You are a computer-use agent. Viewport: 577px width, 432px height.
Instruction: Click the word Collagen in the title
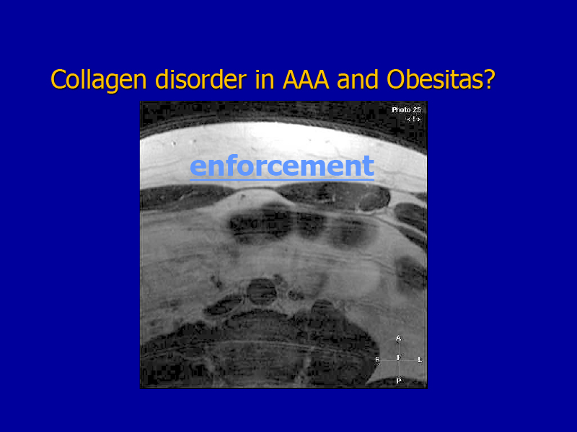click(98, 80)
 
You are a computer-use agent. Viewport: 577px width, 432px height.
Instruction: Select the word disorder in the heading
click(201, 79)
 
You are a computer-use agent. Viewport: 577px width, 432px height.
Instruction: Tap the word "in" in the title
click(265, 79)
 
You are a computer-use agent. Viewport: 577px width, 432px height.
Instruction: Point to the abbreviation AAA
click(305, 80)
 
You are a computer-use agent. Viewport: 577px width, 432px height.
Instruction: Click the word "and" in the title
click(358, 79)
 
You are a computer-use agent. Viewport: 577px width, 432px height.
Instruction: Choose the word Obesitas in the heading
click(436, 79)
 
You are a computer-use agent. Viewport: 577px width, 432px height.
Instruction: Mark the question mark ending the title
click(490, 79)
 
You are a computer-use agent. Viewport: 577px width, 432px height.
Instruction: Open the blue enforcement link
click(282, 166)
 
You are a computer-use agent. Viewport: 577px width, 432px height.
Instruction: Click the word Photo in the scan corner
click(401, 110)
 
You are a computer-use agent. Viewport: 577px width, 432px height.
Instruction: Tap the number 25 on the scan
click(417, 110)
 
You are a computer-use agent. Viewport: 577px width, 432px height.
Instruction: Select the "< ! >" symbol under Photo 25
click(413, 119)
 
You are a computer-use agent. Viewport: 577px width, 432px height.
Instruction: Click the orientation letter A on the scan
click(398, 338)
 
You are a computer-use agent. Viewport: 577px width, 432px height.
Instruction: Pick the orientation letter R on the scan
click(377, 359)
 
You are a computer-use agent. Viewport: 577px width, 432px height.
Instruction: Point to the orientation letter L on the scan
click(420, 359)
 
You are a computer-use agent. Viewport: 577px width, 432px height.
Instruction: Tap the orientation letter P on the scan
click(398, 381)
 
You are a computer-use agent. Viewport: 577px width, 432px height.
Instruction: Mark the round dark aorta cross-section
click(262, 292)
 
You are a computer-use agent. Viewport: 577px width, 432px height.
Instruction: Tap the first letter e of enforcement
click(198, 167)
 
